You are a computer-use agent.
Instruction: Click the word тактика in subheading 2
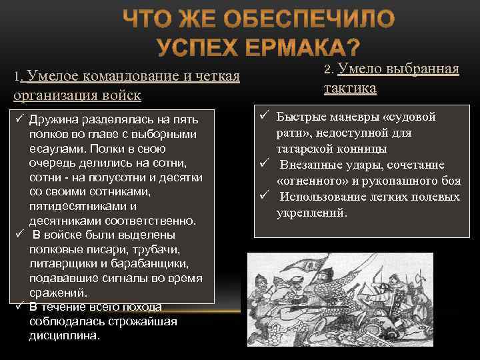pos(350,88)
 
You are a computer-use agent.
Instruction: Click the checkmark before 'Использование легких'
pos(264,197)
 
